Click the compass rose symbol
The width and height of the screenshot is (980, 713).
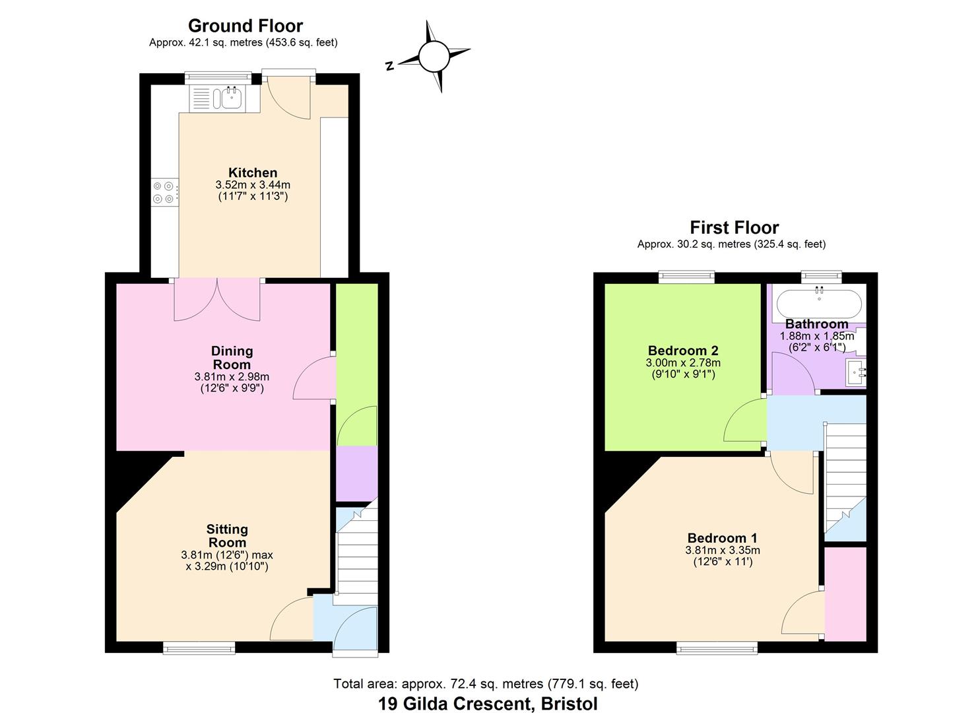coord(434,57)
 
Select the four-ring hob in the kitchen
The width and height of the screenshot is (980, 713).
coord(164,192)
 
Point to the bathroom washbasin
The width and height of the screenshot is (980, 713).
coord(855,373)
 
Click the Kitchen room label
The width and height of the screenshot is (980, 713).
coord(253,173)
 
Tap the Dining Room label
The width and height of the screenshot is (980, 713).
coord(232,358)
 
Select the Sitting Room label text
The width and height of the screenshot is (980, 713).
coord(227,535)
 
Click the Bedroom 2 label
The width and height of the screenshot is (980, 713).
coord(683,351)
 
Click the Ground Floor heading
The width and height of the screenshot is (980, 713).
coord(245,26)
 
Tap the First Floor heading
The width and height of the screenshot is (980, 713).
coord(734,228)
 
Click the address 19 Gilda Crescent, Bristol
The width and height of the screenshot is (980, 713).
coord(488,703)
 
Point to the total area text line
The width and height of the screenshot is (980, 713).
coord(486,684)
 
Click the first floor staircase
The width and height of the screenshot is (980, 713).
coord(845,475)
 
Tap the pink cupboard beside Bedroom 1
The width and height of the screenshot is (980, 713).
coord(845,593)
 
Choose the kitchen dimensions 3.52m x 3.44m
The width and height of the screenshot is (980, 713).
coord(253,186)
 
